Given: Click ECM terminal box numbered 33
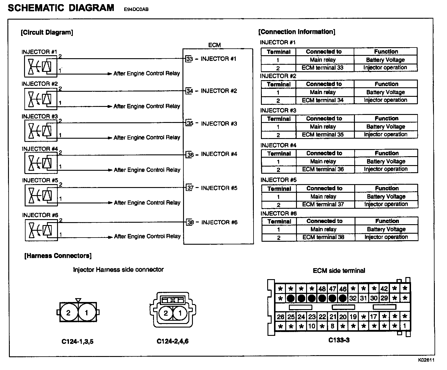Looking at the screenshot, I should [x=189, y=59].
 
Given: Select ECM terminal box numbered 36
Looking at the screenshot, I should [x=190, y=154].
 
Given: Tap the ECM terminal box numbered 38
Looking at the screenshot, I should [x=190, y=222].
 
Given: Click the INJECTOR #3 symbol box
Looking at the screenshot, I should [x=41, y=131].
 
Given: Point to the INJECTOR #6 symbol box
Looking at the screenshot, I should [x=41, y=230].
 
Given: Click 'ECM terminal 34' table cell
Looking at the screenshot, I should [x=323, y=100].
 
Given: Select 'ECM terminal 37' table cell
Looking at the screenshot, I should [x=323, y=204].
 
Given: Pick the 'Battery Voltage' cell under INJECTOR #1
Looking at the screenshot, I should [x=385, y=60].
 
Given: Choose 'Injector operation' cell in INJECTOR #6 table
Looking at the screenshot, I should [x=386, y=237].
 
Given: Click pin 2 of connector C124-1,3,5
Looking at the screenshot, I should [x=68, y=313].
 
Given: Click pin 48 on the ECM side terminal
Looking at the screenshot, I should [x=322, y=288].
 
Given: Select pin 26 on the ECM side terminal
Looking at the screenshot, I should [x=281, y=317].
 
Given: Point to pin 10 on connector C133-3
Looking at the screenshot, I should [x=311, y=326].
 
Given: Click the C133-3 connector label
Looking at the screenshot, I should [x=339, y=340].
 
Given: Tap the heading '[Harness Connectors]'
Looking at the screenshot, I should [x=58, y=256].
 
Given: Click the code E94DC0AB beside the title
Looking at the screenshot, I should [x=136, y=9].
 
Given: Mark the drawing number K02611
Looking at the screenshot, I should [x=426, y=360].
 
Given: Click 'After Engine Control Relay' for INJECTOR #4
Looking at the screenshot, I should [x=147, y=170].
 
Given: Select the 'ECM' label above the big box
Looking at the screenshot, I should [x=214, y=45].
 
